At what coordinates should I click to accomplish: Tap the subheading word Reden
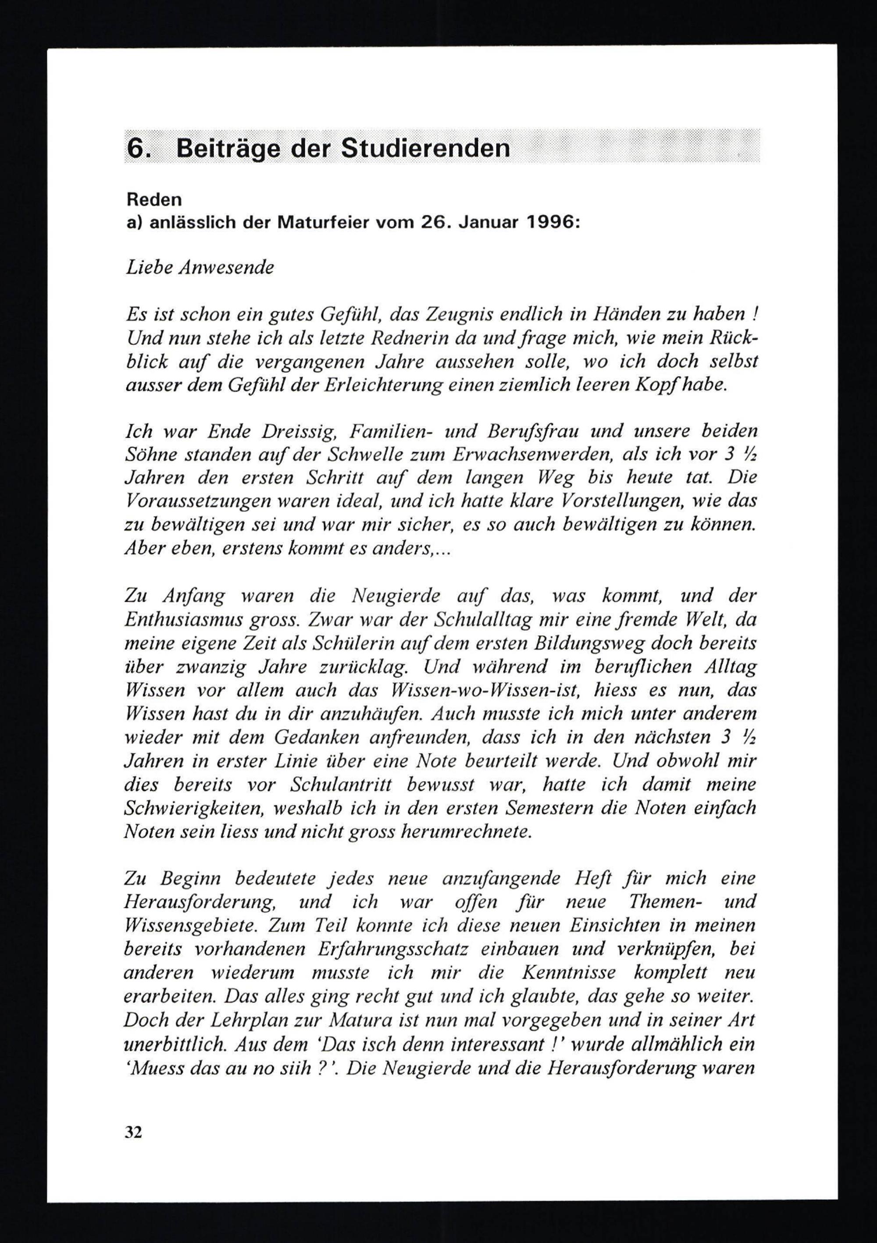click(x=154, y=200)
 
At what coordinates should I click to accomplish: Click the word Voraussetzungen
click(x=198, y=502)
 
